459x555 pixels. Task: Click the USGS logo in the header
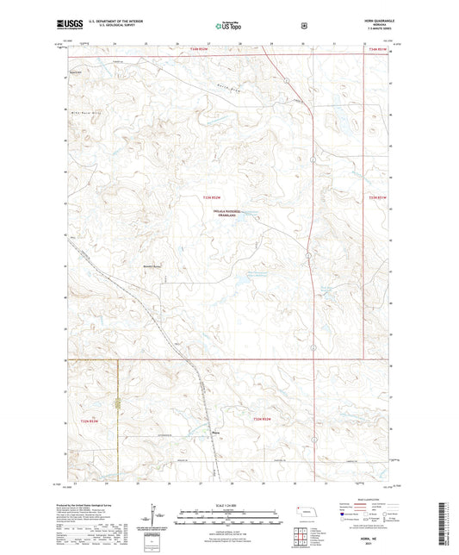[68, 25]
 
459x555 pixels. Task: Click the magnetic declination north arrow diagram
[156, 515]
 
